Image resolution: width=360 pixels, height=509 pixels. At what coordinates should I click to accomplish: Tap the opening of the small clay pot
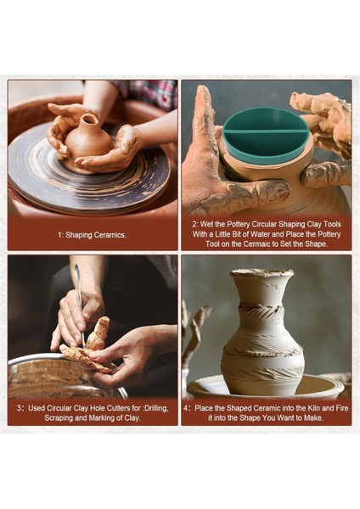point(89,119)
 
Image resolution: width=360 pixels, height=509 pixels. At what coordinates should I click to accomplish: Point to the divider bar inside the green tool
point(267,131)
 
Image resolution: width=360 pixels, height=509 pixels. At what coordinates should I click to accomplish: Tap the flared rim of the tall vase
point(262,273)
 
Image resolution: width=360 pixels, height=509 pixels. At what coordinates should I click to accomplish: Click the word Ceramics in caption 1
point(110,235)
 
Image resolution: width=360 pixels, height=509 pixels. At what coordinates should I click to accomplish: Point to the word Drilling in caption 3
point(156,408)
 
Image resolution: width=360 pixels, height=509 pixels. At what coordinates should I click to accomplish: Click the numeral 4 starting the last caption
point(186,408)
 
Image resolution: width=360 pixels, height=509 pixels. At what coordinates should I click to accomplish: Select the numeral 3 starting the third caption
point(19,408)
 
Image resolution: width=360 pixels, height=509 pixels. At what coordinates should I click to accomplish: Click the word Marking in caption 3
point(101,418)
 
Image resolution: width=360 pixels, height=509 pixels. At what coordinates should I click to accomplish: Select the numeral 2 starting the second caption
point(194,224)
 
